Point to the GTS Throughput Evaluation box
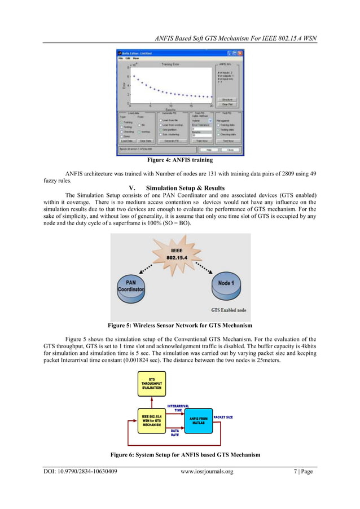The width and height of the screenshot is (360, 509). [152, 383]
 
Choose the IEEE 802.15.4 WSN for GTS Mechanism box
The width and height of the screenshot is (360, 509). [152, 421]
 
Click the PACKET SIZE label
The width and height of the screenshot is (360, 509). [223, 417]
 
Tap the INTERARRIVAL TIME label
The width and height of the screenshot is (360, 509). [178, 407]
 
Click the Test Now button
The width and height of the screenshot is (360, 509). [229, 141]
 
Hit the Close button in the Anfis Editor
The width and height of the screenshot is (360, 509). [230, 150]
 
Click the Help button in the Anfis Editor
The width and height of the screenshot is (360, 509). [208, 150]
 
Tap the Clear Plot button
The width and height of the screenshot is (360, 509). [227, 104]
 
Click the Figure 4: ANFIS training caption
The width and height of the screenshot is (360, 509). [180, 160]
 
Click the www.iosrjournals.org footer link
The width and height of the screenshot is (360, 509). [207, 471]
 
